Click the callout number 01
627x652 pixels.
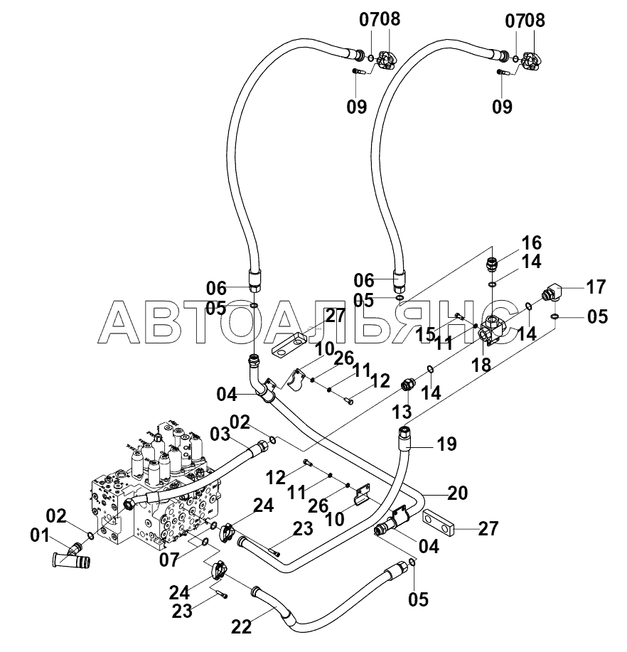click(40, 535)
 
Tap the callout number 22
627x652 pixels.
click(241, 626)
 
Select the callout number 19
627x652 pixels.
click(447, 444)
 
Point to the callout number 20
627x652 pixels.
click(458, 493)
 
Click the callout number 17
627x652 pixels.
click(596, 287)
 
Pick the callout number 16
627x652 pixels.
click(531, 243)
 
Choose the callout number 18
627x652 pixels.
click(481, 365)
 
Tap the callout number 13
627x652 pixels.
click(402, 412)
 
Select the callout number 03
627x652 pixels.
click(220, 434)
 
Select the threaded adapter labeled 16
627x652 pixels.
click(492, 264)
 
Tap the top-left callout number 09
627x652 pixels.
click(357, 107)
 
